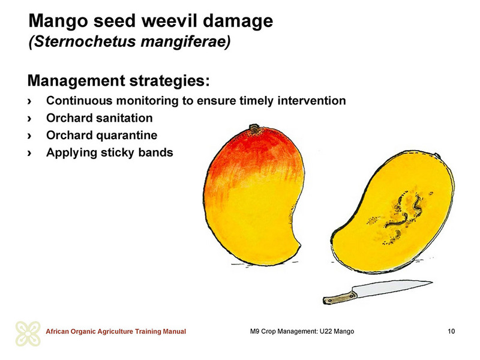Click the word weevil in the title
169,21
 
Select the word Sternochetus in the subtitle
83,41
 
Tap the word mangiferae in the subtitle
185,41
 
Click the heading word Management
76,81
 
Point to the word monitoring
148,101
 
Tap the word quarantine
127,136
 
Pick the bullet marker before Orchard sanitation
29,118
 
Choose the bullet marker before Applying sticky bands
29,153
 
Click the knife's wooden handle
340,298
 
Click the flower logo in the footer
28,334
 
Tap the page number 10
451,331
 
